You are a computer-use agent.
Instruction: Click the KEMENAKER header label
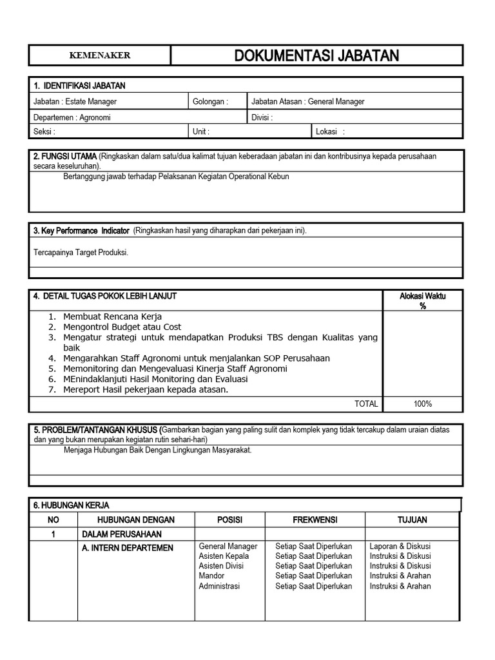99,55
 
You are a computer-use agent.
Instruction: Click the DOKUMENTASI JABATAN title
316,55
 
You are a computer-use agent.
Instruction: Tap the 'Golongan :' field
210,101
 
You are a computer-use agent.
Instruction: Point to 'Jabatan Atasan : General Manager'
307,101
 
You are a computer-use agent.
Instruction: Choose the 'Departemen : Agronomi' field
72,117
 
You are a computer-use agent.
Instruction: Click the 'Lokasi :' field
330,131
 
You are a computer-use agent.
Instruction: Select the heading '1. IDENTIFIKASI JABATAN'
79,86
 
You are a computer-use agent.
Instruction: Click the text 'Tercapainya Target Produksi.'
81,253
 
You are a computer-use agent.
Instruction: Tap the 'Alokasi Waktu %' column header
423,301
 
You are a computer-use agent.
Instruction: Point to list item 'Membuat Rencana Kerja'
112,316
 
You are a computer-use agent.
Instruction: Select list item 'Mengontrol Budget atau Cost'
122,327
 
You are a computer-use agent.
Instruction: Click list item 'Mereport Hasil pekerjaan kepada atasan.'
146,389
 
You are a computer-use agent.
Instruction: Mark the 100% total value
423,404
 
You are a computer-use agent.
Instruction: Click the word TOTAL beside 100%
366,404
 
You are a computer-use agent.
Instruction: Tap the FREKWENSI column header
315,519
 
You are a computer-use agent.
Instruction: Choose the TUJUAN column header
412,519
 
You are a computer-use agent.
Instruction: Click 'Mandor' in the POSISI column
211,576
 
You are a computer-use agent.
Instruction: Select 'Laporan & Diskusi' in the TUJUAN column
400,546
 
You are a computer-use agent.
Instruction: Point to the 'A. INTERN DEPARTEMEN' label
127,548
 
